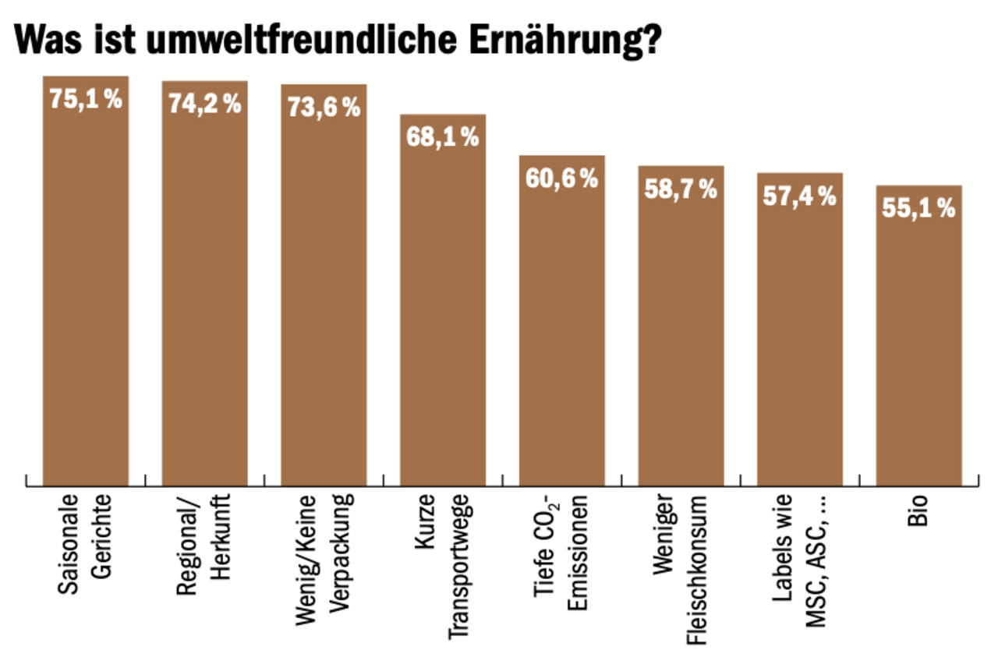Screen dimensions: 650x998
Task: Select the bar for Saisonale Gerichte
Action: pos(86,296)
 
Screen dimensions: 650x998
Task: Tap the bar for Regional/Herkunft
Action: pos(204,296)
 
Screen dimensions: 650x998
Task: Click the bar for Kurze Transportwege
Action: pos(443,312)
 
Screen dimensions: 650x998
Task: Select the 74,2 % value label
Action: pos(205,104)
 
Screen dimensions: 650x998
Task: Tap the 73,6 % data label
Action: pos(324,108)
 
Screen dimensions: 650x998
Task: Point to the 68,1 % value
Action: pos(443,137)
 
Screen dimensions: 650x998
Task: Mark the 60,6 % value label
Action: pos(562,178)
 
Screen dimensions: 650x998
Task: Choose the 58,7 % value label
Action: pos(681,189)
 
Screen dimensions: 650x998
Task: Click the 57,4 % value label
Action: pos(800,196)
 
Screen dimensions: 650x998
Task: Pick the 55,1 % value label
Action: pos(918,209)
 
